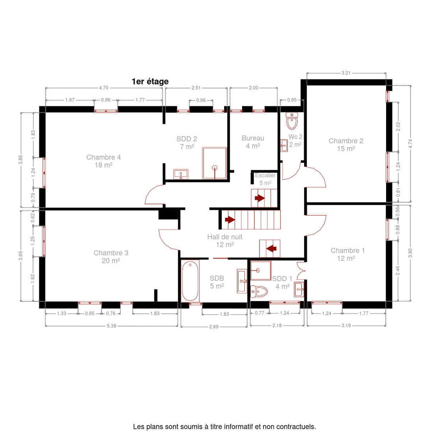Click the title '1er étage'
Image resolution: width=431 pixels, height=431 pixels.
coord(150,82)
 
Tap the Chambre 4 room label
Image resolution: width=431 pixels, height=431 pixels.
coord(103,161)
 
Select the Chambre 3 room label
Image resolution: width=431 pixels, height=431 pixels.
coord(111,256)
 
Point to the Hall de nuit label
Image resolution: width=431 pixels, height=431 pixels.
coord(225,241)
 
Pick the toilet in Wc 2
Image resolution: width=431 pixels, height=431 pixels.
coord(292,121)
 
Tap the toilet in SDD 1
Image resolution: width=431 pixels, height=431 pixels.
coord(259,291)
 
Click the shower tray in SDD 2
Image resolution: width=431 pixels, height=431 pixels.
coord(214,163)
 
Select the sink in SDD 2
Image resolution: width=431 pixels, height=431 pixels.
coord(181,174)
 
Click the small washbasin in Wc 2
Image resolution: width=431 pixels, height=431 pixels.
coord(284,145)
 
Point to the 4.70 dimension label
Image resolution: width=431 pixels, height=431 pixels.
coord(104,88)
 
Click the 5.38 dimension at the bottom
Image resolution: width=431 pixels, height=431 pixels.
coord(111,326)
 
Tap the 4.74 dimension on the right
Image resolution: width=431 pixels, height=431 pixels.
coord(410,144)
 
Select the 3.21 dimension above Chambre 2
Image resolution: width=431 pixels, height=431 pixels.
coord(346,73)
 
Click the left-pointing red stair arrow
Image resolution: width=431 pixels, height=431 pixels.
coord(271,248)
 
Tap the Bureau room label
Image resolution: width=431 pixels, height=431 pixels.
coord(253,142)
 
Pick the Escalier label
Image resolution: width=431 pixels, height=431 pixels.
coord(265,176)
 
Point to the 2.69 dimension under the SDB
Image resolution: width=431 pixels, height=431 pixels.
coord(214,326)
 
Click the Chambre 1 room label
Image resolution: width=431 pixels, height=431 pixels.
coord(348,254)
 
